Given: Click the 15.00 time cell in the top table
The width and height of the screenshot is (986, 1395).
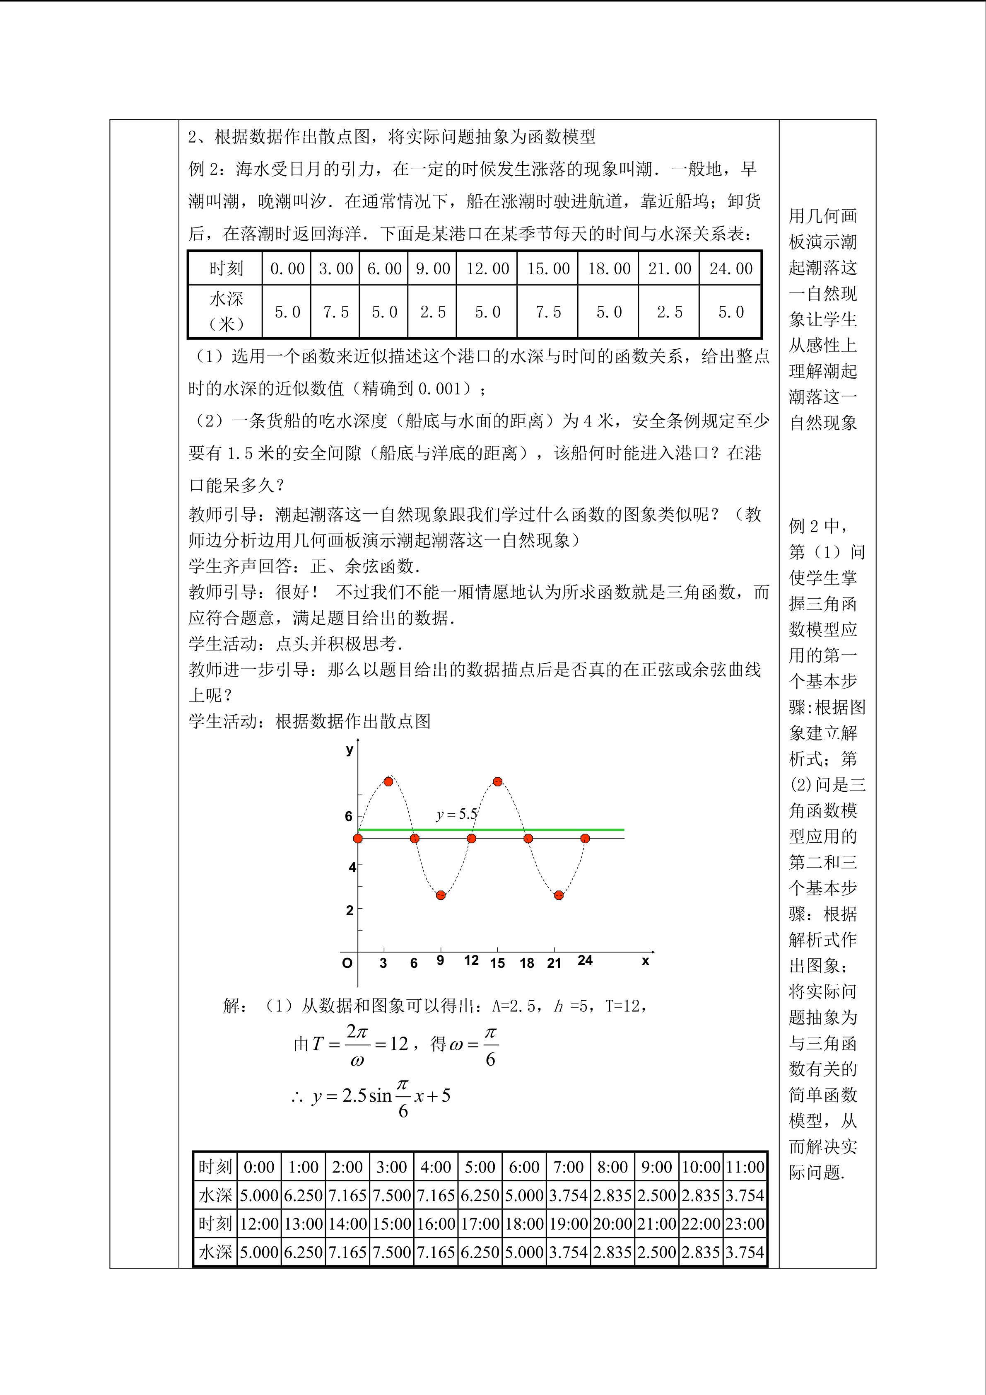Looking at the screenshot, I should tap(547, 268).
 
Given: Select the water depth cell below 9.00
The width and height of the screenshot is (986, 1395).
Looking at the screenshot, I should tap(432, 312).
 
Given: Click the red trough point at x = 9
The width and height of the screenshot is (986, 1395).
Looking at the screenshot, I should tap(441, 895).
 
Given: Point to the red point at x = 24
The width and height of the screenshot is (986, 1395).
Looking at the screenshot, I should tap(585, 839).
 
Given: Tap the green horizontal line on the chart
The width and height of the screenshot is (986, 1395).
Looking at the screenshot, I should tap(547, 829).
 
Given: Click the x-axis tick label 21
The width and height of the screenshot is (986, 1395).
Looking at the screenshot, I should tap(554, 963).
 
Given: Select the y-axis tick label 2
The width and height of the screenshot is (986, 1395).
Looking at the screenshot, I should tap(349, 910).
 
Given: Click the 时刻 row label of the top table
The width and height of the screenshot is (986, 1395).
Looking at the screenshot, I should tap(226, 268).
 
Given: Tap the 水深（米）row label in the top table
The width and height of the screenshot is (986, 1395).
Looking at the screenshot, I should tap(226, 312).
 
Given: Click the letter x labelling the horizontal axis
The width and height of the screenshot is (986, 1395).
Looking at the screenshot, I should tap(645, 960).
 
